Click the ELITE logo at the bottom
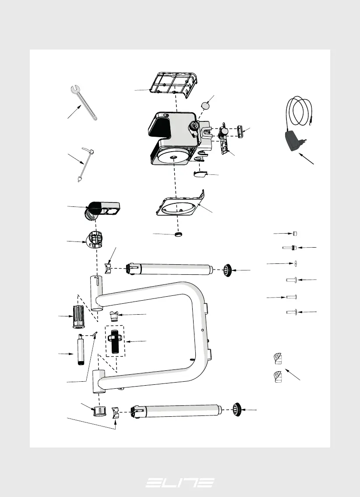[180, 483]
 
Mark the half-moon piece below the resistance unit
[200, 175]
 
